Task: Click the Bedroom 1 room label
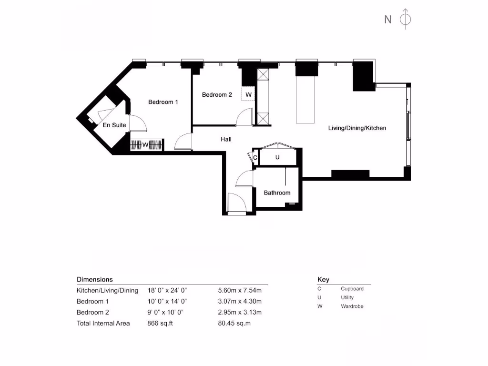(x=163, y=102)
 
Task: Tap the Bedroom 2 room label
(x=217, y=95)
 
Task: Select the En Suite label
(x=114, y=125)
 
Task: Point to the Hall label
(x=226, y=140)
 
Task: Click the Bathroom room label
(x=277, y=193)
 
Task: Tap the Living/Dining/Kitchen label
(x=357, y=128)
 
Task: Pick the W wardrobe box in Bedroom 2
(x=248, y=95)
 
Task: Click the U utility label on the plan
(x=277, y=157)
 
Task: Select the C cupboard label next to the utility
(x=255, y=157)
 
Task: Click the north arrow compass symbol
(x=406, y=19)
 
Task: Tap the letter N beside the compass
(x=388, y=20)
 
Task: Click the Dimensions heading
(x=95, y=280)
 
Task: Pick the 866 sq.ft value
(x=161, y=323)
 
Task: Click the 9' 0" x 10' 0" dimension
(x=165, y=312)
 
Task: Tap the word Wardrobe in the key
(x=352, y=306)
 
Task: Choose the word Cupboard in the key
(x=352, y=289)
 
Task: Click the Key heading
(x=323, y=280)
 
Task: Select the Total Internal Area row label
(x=103, y=323)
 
